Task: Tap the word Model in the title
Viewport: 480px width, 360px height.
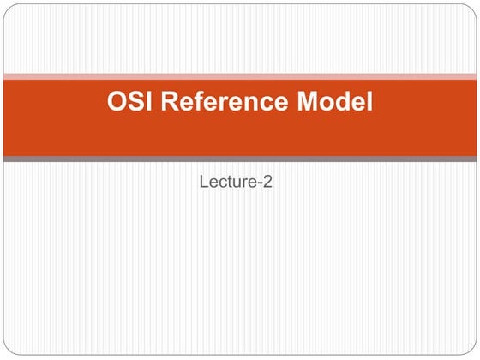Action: click(334, 104)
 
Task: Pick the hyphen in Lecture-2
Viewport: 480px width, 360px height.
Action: click(260, 182)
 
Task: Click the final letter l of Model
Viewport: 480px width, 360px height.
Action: click(370, 104)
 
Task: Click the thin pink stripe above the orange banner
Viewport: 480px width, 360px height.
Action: click(240, 77)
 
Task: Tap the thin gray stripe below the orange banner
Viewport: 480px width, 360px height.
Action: click(240, 159)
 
